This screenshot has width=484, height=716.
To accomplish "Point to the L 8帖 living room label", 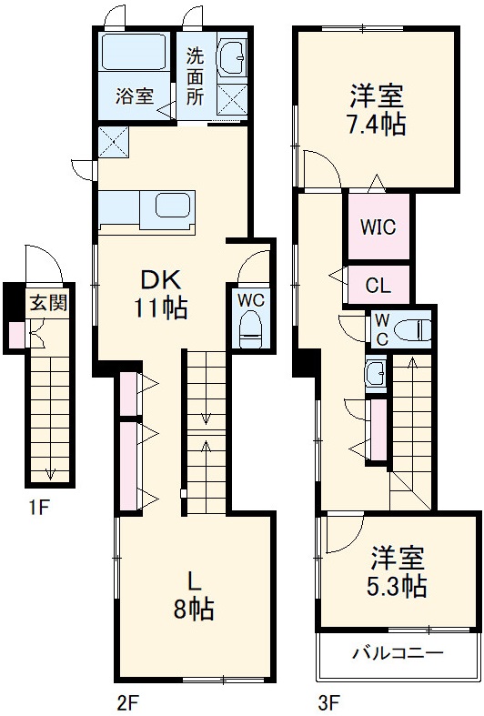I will coord(194,595).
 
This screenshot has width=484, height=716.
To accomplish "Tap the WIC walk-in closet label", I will coord(378,227).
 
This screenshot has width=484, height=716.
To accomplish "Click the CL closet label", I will coord(378,285).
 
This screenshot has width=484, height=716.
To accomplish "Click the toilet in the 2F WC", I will coord(250,329).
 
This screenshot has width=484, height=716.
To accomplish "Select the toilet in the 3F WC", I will coord(416,328).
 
